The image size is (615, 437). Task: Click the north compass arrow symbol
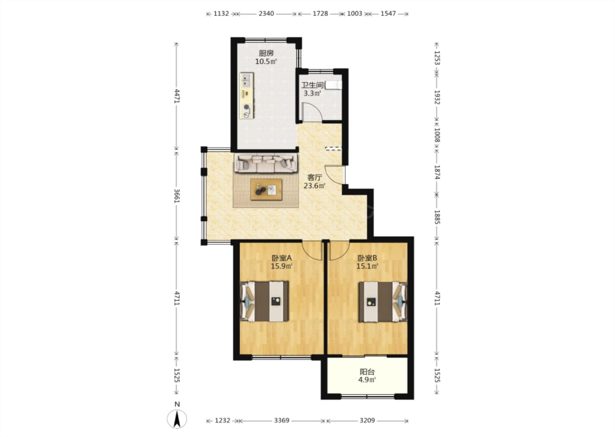(177, 419)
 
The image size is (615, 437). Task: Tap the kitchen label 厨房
(266, 53)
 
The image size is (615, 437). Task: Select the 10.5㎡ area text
(266, 61)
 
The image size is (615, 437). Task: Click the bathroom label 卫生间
(313, 85)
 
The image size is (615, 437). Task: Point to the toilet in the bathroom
(334, 85)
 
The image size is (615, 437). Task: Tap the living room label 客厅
(314, 178)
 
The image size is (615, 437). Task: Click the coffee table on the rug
(266, 189)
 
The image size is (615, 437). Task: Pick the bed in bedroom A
(265, 301)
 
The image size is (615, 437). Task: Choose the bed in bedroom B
(383, 302)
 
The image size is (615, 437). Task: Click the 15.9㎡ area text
(282, 266)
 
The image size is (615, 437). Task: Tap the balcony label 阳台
(367, 372)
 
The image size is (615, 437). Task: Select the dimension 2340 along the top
(266, 13)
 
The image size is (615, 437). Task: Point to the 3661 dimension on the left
(176, 196)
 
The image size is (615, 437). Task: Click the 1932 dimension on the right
(437, 97)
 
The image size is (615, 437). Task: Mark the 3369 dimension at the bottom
(282, 420)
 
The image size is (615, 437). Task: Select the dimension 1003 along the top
(354, 13)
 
